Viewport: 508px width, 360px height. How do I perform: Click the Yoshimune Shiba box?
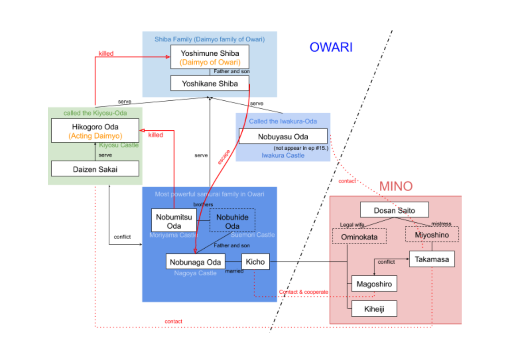(210, 57)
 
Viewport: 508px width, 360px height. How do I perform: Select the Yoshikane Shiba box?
(210, 83)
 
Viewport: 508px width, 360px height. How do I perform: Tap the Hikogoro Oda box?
(95, 131)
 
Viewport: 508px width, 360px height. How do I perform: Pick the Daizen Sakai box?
(95, 169)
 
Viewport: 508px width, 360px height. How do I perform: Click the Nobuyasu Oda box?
(283, 136)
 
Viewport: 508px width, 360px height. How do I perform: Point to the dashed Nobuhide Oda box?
(232, 220)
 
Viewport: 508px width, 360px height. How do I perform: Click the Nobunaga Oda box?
(195, 261)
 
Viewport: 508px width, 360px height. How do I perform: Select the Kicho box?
(256, 261)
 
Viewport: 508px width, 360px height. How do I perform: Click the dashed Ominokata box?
(359, 237)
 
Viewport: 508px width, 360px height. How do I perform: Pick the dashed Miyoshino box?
(432, 235)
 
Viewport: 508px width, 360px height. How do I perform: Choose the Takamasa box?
(432, 259)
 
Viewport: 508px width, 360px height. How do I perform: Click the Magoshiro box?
(374, 284)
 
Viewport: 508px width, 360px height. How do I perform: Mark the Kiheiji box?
(374, 309)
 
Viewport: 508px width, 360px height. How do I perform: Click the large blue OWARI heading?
(331, 47)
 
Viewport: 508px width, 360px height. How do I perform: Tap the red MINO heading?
(396, 186)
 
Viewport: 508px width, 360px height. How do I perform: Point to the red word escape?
(224, 156)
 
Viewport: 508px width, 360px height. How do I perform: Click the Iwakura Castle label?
(283, 155)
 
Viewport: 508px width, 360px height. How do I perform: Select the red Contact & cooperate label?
(303, 292)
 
